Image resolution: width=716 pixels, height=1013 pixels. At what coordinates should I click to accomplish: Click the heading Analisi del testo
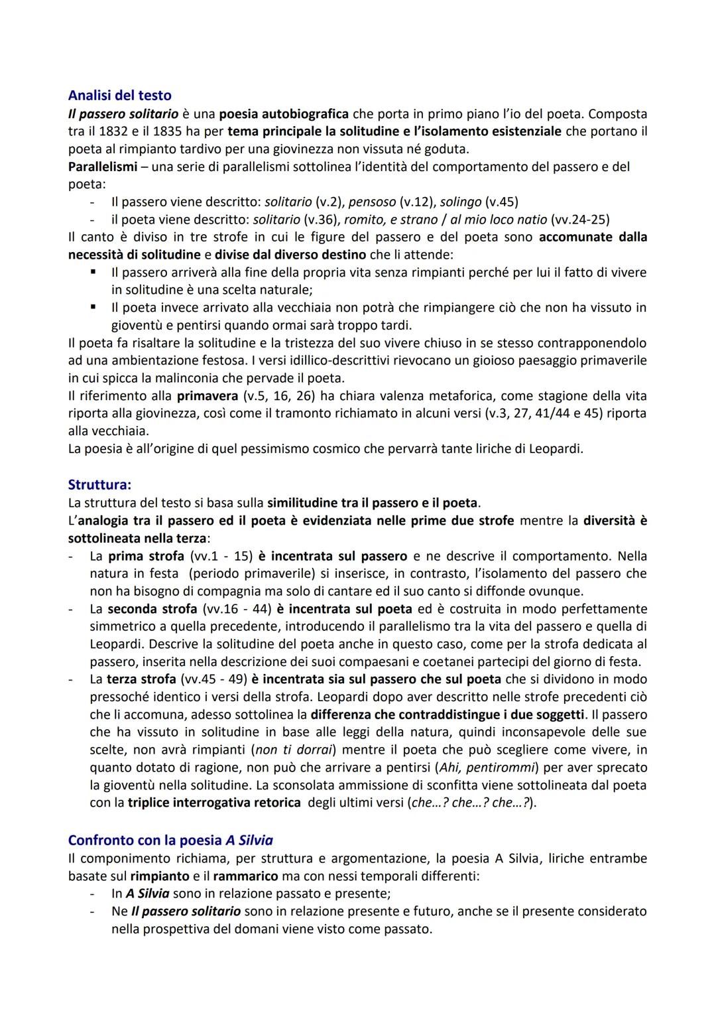[x=119, y=96]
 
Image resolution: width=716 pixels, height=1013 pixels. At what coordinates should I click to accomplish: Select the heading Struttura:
[x=99, y=485]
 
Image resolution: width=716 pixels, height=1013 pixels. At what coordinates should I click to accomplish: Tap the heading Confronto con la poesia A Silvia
[x=170, y=840]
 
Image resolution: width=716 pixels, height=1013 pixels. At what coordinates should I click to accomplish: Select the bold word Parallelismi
[x=102, y=167]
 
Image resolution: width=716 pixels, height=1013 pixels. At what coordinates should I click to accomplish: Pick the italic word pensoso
[x=372, y=202]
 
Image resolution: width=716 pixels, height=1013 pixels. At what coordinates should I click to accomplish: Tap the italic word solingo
[x=461, y=202]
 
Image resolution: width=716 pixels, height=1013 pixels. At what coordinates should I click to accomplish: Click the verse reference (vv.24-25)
[x=580, y=220]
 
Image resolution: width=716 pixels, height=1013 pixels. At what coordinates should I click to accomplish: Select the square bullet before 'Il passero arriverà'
[x=94, y=272]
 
